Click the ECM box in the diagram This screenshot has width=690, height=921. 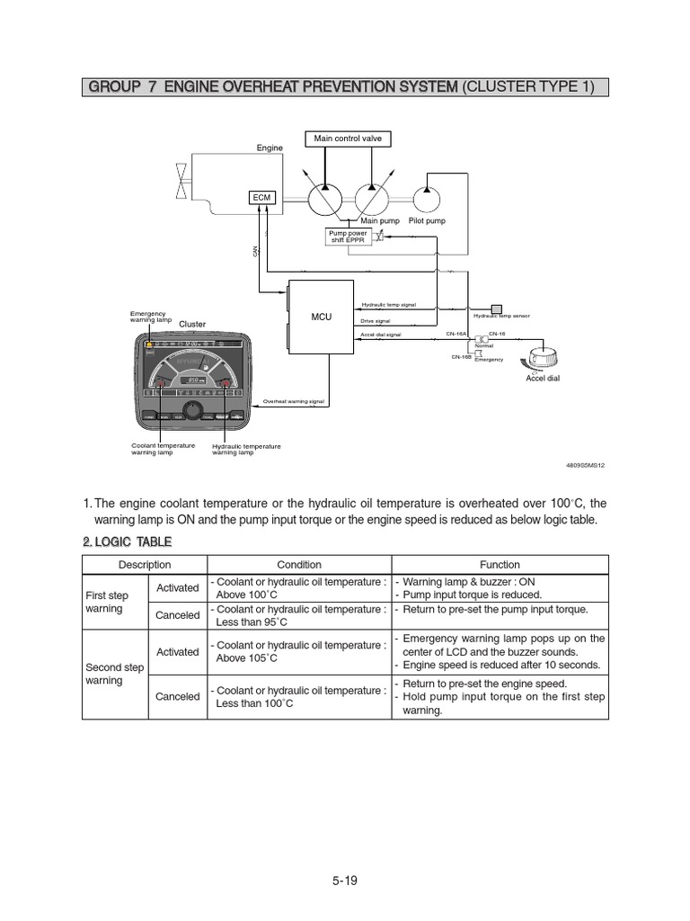tap(261, 198)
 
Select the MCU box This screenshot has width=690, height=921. tap(321, 317)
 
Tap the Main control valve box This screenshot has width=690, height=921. tap(348, 139)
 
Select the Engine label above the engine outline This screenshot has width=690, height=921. tap(270, 148)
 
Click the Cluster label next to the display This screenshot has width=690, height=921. tap(191, 324)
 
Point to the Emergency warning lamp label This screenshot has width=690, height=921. tap(150, 317)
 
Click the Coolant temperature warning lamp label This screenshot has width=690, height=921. tap(163, 449)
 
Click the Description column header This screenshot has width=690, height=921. tap(145, 565)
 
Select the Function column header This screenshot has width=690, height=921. tap(500, 565)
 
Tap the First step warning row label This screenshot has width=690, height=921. tap(108, 603)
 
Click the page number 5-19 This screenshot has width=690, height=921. tap(344, 881)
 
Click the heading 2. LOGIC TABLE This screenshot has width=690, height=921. tap(127, 541)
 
